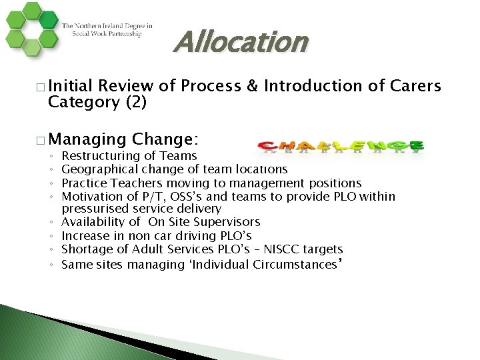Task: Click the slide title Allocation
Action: tap(241, 43)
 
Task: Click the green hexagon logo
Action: tap(30, 30)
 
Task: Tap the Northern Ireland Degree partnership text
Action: tap(107, 30)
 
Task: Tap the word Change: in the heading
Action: tap(165, 140)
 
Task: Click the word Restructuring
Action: tap(98, 156)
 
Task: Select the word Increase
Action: tap(83, 236)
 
